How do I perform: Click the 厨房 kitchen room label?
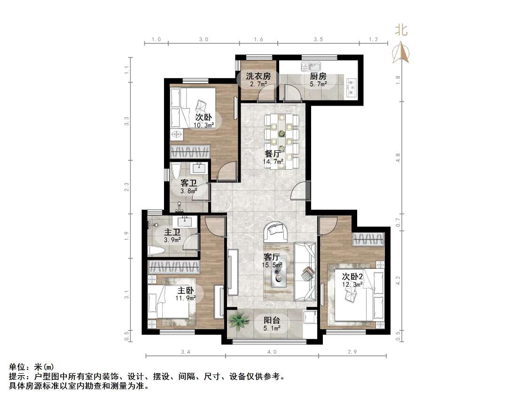(x=318, y=76)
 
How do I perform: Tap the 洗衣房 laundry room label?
(x=258, y=76)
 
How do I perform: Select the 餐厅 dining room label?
(x=273, y=153)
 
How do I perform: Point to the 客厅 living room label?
(x=272, y=257)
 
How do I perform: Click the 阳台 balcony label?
(x=272, y=320)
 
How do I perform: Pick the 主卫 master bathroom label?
(x=172, y=233)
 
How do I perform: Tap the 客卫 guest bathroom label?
(x=188, y=183)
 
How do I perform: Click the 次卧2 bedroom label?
(x=352, y=276)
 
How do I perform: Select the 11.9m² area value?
(x=186, y=298)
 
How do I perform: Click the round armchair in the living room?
(x=276, y=231)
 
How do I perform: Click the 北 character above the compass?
(x=401, y=30)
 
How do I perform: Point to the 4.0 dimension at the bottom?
(x=272, y=352)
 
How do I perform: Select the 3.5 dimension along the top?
(x=318, y=39)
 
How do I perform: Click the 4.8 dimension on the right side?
(x=399, y=158)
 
